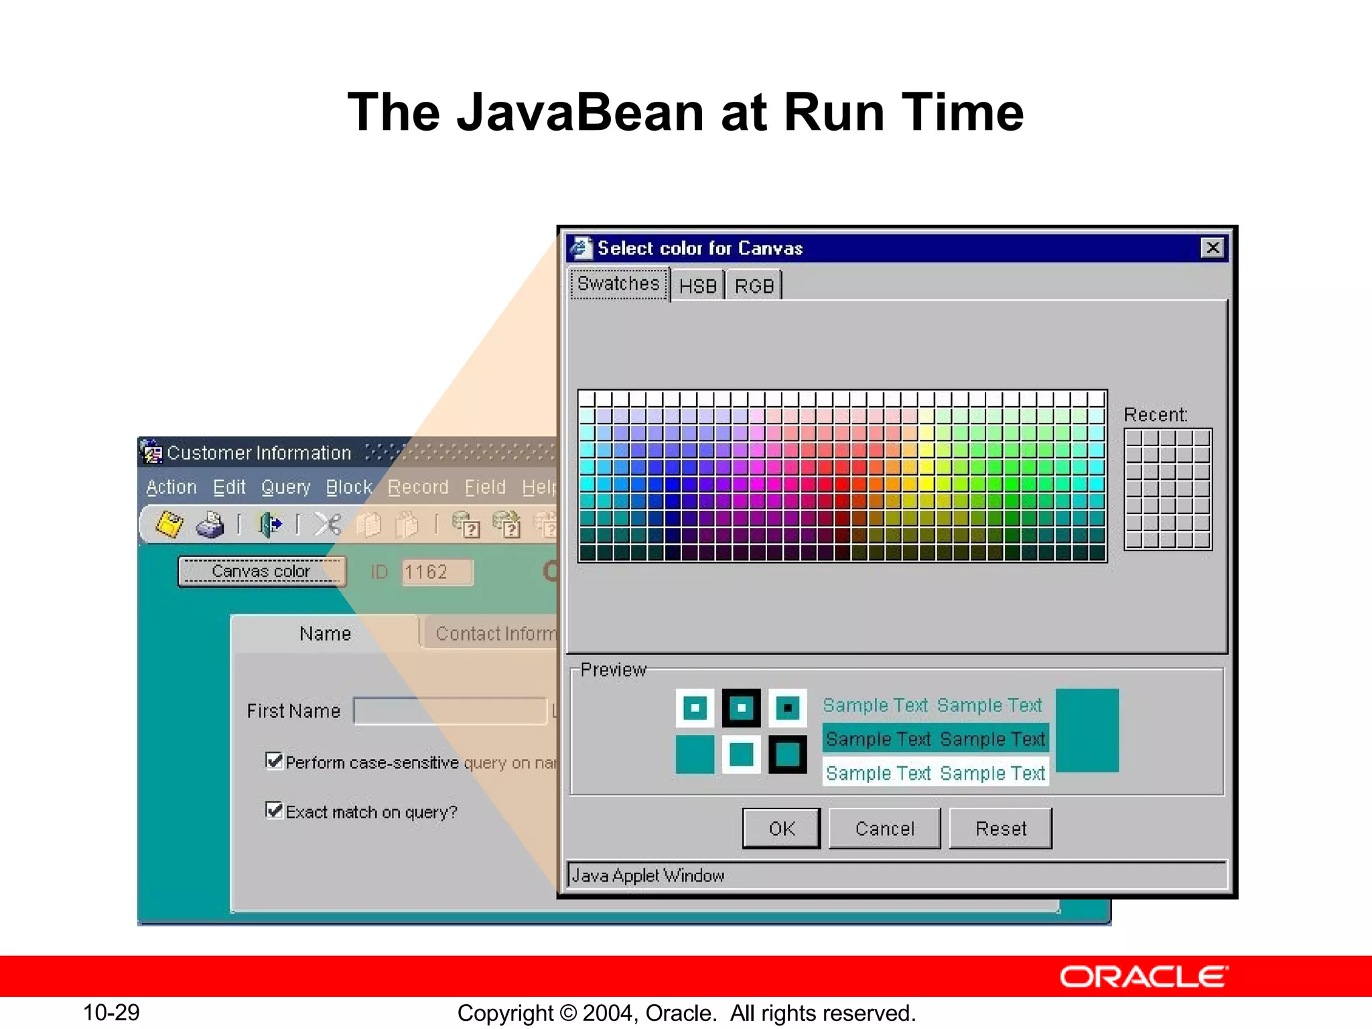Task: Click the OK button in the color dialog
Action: coord(781,829)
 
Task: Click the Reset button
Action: coord(1000,829)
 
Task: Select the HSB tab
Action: coord(697,286)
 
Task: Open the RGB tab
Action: coord(754,286)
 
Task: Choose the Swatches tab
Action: coord(618,284)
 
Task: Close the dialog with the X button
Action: coord(1213,248)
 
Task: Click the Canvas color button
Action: coord(261,571)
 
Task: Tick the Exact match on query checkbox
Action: coord(273,811)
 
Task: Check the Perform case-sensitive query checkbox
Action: coord(273,761)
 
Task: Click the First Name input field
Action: coord(449,711)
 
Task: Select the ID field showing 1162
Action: coord(437,572)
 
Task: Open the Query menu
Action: coord(285,487)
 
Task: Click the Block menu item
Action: coord(348,487)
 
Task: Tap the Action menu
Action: coord(171,487)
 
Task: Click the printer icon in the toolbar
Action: coord(210,525)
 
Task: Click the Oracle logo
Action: coord(1144,977)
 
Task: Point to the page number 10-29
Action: coord(111,1012)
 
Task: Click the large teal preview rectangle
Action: coord(1087,730)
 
